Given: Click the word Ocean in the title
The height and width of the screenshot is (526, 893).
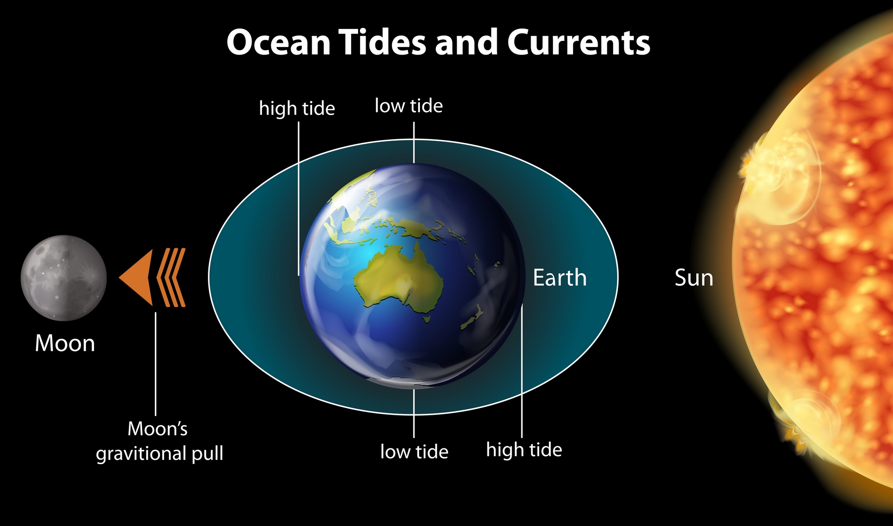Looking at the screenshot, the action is coord(279,42).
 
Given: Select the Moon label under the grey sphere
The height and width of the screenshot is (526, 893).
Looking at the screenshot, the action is coord(65,344).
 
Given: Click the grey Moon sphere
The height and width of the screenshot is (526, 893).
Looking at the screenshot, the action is coord(64,278).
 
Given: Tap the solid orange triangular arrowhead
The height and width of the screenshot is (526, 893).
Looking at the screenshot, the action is coord(136,277).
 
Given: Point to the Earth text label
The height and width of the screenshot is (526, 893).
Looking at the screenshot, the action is coord(560,278).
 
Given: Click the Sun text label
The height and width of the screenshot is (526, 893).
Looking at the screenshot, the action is coord(694,278).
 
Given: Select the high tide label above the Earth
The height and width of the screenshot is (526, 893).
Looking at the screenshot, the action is coord(297,108).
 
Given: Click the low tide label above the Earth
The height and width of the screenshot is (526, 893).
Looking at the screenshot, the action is coord(409,106).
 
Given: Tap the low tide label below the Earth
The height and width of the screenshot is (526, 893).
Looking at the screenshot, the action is coord(414,452).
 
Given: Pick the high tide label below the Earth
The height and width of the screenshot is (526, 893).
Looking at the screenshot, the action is coord(524,450).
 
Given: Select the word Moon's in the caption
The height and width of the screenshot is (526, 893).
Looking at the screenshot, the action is coord(158,429).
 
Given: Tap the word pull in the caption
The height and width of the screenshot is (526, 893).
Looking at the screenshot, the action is coord(208,453).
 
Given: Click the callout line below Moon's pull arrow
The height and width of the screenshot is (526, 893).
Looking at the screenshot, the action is coord(155,364).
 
